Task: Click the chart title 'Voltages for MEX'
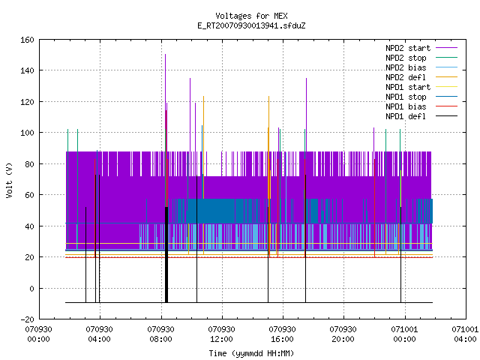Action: (251, 16)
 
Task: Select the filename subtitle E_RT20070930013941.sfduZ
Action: (251, 25)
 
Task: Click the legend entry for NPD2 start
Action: (421, 48)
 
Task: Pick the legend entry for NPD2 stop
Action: (421, 58)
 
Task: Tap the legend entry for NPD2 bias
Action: (421, 67)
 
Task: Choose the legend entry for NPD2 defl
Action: (421, 77)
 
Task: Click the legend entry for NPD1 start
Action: (421, 87)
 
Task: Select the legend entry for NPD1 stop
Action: (421, 97)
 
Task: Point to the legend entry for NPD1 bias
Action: (421, 106)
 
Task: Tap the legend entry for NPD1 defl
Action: (421, 116)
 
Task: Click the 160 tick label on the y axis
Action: (27, 40)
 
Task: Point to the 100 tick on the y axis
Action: (27, 133)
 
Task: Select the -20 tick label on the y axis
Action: (27, 319)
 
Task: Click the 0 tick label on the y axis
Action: (31, 288)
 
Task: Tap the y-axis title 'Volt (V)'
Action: (9, 181)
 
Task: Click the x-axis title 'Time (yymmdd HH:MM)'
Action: (251, 353)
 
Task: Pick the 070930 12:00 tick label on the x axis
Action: (222, 334)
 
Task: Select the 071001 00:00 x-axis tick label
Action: (405, 334)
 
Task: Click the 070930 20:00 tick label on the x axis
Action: (343, 334)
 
